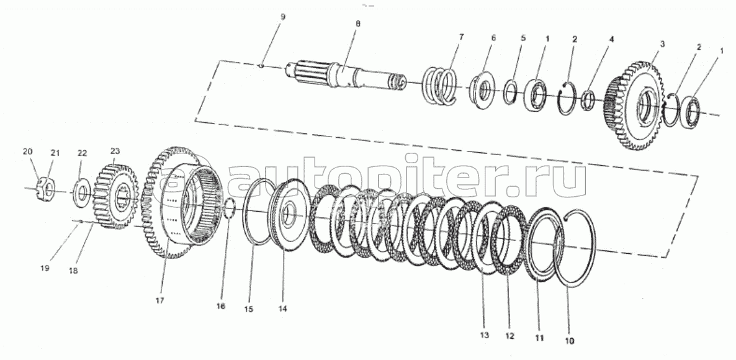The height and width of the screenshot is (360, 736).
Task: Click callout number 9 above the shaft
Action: tap(282, 17)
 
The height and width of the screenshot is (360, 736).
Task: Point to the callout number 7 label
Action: tap(461, 37)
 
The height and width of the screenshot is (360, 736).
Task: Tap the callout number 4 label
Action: tap(611, 39)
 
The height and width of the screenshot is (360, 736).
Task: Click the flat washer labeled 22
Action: tap(82, 192)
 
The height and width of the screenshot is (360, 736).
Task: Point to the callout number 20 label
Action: tap(27, 152)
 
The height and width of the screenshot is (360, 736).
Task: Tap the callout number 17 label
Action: tap(159, 300)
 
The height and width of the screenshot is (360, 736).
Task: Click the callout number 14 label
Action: tap(283, 308)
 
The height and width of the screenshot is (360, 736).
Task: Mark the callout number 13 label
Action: tap(483, 335)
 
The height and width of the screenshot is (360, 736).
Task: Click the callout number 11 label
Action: tap(539, 338)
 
